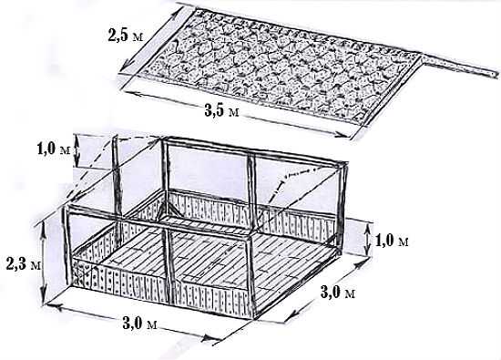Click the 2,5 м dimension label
126,35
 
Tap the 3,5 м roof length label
221,110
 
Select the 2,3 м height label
24,263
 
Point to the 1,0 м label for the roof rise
54,149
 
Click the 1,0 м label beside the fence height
392,240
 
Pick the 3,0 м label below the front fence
139,324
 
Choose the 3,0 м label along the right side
338,292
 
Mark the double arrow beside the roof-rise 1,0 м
77,150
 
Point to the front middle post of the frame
170,266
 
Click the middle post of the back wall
251,191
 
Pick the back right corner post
342,205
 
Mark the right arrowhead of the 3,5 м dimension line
341,135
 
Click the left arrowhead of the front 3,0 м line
54,306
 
